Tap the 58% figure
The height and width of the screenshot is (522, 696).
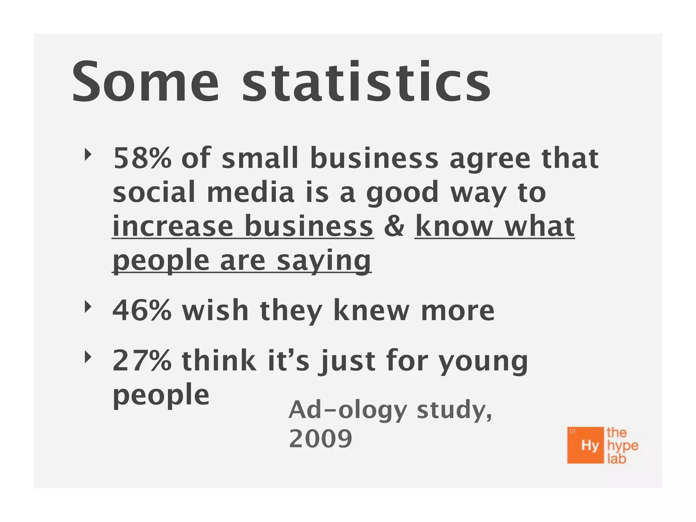click(142, 158)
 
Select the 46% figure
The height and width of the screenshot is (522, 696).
click(142, 310)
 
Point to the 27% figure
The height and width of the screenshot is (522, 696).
click(142, 361)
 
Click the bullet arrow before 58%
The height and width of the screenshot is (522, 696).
click(88, 155)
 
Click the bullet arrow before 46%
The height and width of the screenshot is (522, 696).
click(88, 307)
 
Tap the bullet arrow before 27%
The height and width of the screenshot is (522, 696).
click(88, 357)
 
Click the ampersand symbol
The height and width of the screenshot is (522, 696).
click(394, 226)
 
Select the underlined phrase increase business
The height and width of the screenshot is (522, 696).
click(243, 226)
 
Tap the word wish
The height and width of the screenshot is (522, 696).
click(215, 310)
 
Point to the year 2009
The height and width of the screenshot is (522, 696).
click(320, 439)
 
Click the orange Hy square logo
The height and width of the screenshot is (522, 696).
click(585, 445)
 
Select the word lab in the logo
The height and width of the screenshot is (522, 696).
click(616, 459)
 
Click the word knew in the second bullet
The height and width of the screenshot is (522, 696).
click(371, 310)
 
